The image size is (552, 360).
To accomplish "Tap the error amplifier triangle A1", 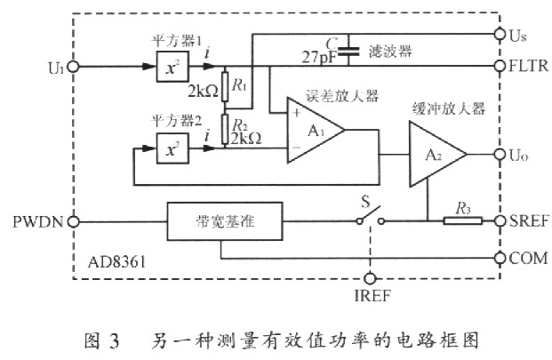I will (314, 130).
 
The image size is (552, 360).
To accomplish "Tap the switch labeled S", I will (364, 213).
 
